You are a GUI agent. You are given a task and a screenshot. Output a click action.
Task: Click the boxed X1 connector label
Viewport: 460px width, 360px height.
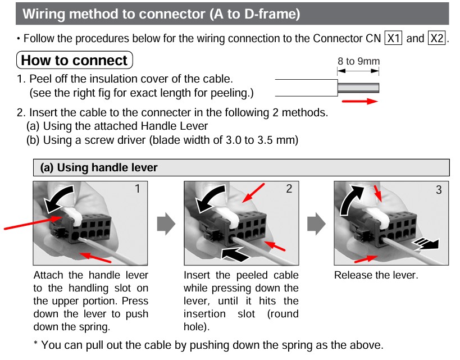click(392, 39)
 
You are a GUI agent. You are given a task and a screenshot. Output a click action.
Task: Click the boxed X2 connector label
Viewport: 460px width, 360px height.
click(436, 39)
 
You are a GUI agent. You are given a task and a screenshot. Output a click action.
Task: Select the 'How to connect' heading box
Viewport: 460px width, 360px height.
click(75, 60)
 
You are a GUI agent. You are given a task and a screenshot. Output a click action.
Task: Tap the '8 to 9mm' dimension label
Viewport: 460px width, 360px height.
click(358, 61)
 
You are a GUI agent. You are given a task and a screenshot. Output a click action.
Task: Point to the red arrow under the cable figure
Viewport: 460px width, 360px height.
click(359, 102)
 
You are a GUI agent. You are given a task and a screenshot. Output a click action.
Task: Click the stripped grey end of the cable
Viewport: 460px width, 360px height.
click(358, 88)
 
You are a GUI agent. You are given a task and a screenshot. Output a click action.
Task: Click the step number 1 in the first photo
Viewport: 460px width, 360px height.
click(138, 189)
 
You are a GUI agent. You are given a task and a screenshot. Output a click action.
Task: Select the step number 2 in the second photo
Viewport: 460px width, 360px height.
click(289, 189)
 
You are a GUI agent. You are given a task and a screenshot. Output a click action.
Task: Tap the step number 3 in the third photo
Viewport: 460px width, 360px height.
click(439, 190)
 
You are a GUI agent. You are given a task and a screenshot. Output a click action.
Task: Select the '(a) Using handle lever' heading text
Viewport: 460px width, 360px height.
click(99, 167)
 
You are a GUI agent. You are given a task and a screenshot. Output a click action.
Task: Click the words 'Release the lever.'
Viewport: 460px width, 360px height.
click(376, 275)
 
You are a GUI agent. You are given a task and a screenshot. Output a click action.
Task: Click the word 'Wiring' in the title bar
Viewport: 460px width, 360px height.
click(47, 13)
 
